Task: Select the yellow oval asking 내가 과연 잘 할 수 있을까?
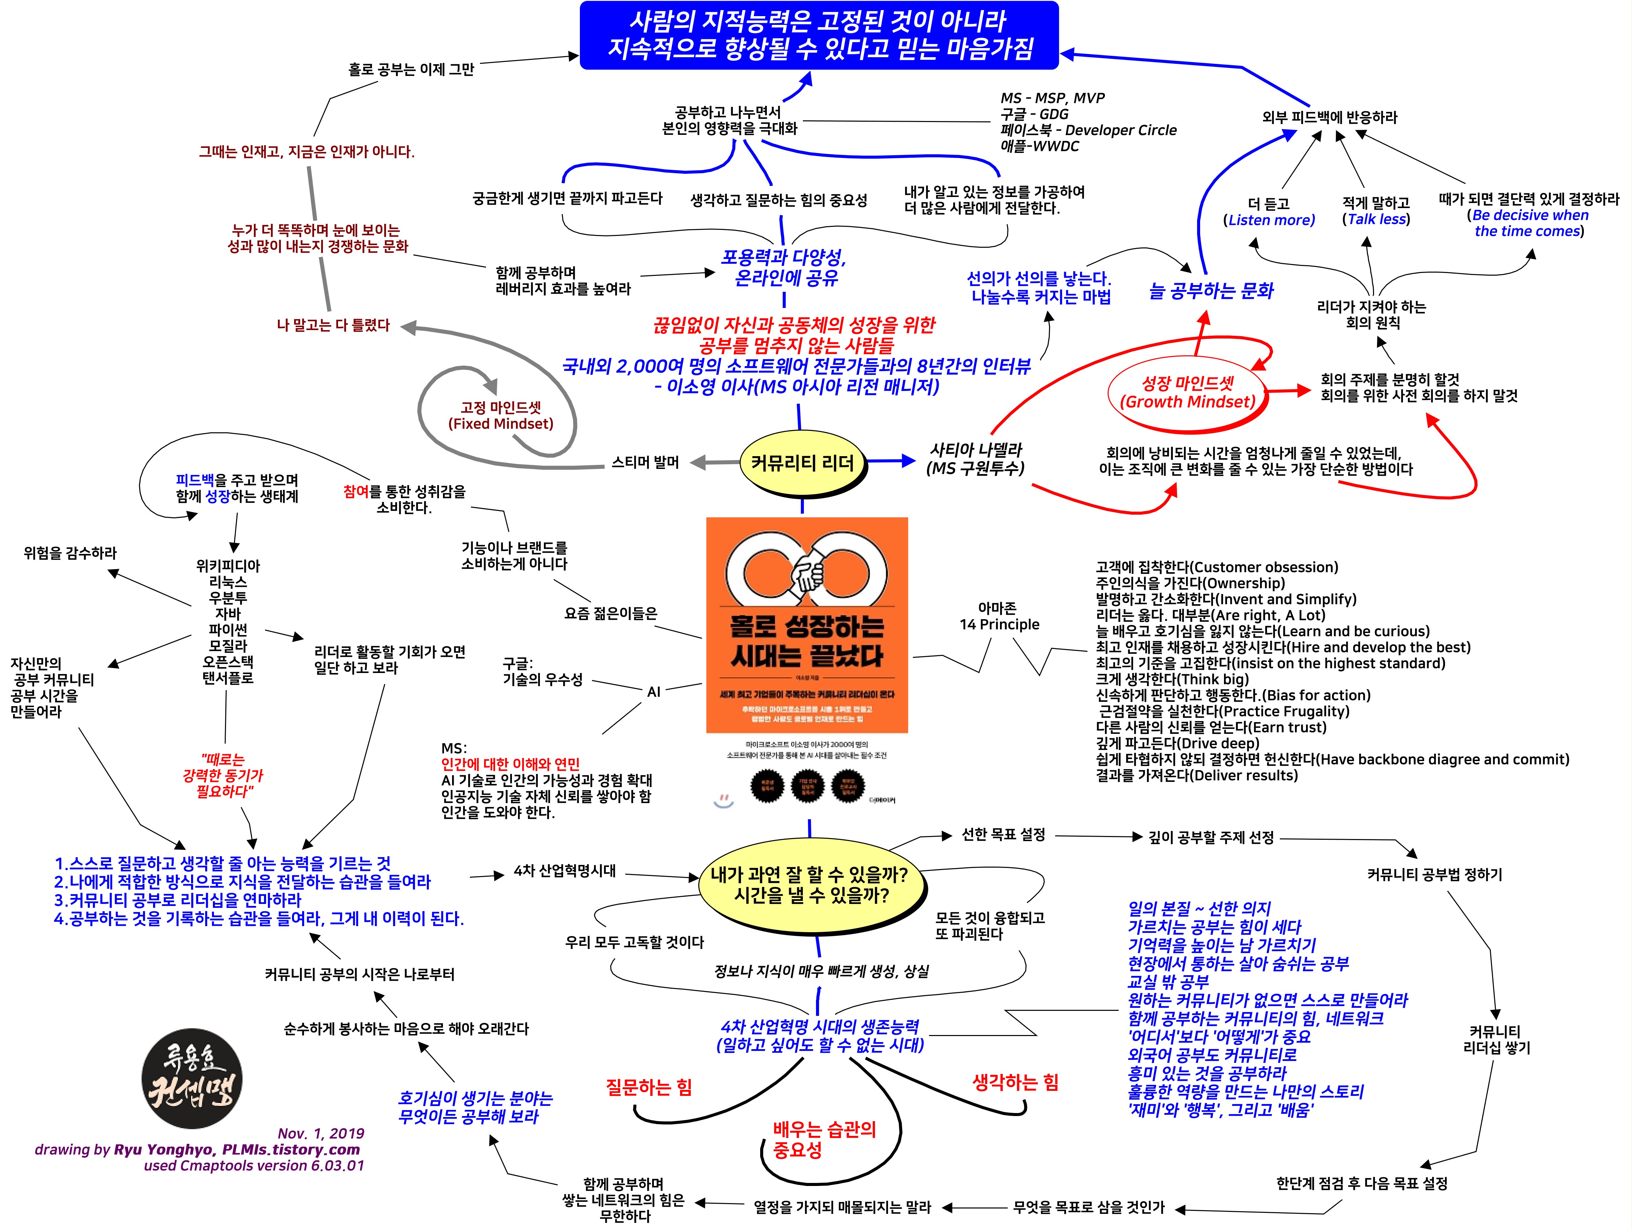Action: (x=809, y=885)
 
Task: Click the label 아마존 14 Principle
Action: (x=999, y=617)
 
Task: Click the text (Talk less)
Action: (x=1376, y=219)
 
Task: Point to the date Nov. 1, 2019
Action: (x=321, y=1134)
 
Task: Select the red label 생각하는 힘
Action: (x=1015, y=1082)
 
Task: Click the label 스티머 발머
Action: (x=645, y=462)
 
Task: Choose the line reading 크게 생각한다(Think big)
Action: (x=1172, y=679)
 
